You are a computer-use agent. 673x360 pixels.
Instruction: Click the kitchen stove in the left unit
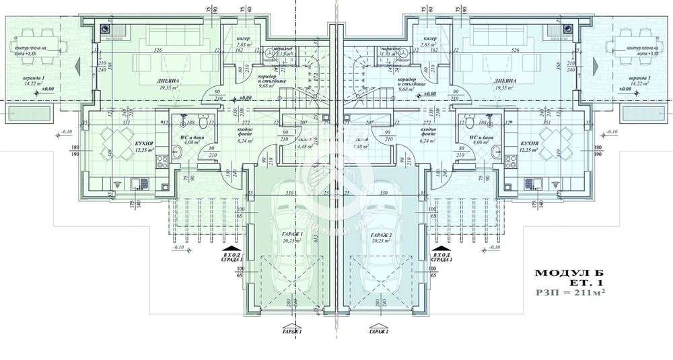coord(161,161)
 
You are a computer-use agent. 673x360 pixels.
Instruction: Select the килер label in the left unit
coord(243,38)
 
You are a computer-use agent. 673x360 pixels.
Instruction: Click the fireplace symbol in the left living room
coord(106,30)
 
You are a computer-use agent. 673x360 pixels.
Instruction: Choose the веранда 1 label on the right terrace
coord(636,78)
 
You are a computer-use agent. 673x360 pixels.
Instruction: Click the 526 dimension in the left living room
coord(158,49)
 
